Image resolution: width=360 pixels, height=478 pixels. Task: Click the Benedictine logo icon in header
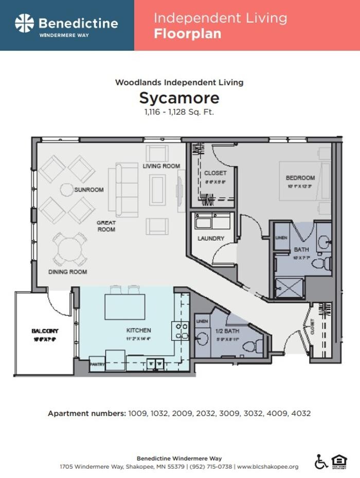pyautogui.click(x=24, y=24)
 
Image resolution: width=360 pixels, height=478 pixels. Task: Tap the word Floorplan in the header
pyautogui.click(x=187, y=34)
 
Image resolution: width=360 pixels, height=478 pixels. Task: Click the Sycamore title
pyautogui.click(x=179, y=98)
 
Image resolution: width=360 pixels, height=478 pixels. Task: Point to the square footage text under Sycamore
pyautogui.click(x=179, y=112)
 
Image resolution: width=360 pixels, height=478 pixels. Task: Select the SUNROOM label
pyautogui.click(x=88, y=190)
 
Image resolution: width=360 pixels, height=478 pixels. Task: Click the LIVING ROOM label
pyautogui.click(x=161, y=166)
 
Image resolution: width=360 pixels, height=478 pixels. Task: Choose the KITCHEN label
pyautogui.click(x=139, y=330)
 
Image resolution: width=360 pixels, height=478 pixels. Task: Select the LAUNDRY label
pyautogui.click(x=211, y=238)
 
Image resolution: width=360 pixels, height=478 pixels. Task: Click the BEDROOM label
pyautogui.click(x=300, y=178)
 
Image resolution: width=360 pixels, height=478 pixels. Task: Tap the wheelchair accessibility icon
pyautogui.click(x=321, y=462)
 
